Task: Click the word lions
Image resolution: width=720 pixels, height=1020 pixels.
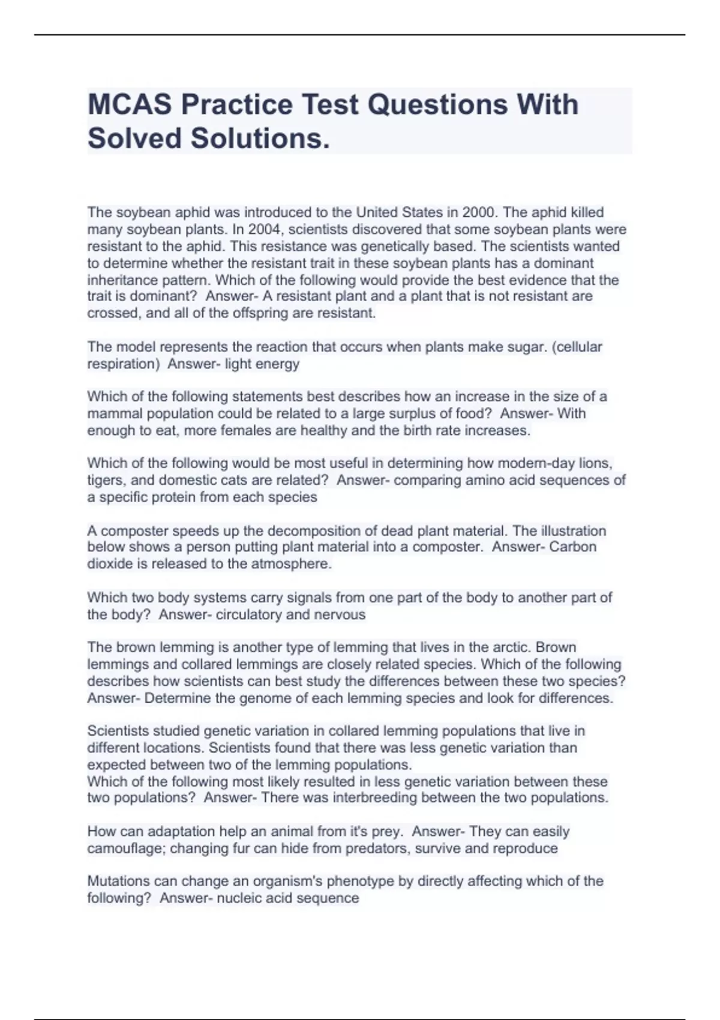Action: (x=593, y=463)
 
